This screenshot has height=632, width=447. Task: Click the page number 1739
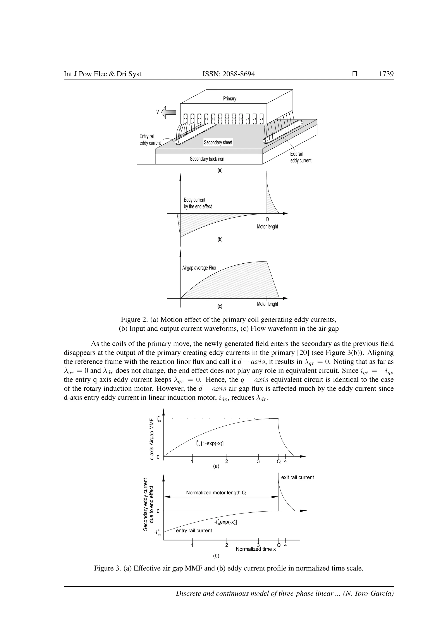[386, 74]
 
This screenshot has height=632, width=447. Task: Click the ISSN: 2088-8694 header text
[229, 74]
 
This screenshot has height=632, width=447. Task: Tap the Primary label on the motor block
[230, 99]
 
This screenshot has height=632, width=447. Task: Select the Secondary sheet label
[218, 142]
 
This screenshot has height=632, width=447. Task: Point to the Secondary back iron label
[207, 159]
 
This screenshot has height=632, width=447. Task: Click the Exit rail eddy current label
[301, 157]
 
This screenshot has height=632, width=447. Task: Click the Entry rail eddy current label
[150, 139]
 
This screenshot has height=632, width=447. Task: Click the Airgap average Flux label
[199, 268]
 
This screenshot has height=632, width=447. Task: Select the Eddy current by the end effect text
[198, 203]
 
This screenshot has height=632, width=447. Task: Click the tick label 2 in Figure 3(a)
[227, 462]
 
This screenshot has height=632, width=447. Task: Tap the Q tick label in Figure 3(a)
[279, 462]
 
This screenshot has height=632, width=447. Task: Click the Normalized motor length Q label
[216, 493]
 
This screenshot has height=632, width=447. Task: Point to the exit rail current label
[297, 477]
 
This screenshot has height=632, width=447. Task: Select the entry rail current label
[194, 531]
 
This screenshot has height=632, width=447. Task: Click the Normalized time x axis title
[256, 549]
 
